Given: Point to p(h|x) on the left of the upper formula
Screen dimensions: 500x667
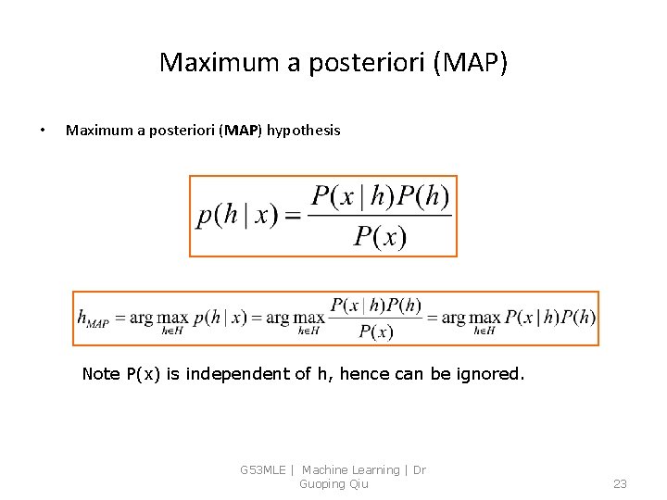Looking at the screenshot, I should pyautogui.click(x=237, y=215).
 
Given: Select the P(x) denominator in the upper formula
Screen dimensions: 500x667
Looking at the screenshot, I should pyautogui.click(x=380, y=237).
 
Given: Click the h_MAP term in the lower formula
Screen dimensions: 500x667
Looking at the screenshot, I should pyautogui.click(x=93, y=319).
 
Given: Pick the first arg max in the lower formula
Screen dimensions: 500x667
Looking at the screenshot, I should pyautogui.click(x=159, y=318).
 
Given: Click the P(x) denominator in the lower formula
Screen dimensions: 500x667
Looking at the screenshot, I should pyautogui.click(x=375, y=331).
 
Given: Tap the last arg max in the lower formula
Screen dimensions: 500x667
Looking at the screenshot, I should pyautogui.click(x=472, y=318).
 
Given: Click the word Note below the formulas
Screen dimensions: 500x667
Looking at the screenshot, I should pyautogui.click(x=101, y=374).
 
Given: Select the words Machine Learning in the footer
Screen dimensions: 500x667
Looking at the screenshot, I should pyautogui.click(x=350, y=470).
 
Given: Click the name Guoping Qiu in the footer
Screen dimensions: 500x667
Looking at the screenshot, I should pyautogui.click(x=333, y=484).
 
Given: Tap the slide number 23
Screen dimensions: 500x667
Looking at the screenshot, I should pyautogui.click(x=620, y=484).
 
